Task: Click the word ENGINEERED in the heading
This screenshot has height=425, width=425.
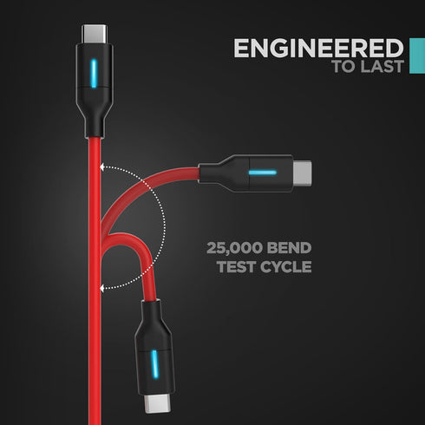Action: (x=318, y=48)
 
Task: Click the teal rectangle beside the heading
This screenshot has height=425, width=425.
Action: (x=417, y=56)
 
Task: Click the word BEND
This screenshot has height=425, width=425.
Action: (x=289, y=248)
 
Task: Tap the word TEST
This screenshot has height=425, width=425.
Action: (x=236, y=266)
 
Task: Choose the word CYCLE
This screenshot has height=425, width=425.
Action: (x=286, y=266)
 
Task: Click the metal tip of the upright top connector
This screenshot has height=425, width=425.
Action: (x=95, y=34)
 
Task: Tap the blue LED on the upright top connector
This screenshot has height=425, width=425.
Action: (x=94, y=74)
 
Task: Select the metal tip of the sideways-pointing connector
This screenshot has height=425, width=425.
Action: (x=302, y=173)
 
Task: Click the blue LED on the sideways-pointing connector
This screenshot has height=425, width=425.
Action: (x=263, y=173)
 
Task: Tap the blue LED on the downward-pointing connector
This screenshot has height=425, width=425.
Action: (x=155, y=364)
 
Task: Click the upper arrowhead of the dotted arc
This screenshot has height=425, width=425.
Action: (x=102, y=167)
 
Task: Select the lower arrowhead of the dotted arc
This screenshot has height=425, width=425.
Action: (x=102, y=288)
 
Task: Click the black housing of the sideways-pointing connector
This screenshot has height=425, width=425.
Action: (x=245, y=173)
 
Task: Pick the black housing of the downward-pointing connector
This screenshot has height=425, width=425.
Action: (x=154, y=347)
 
